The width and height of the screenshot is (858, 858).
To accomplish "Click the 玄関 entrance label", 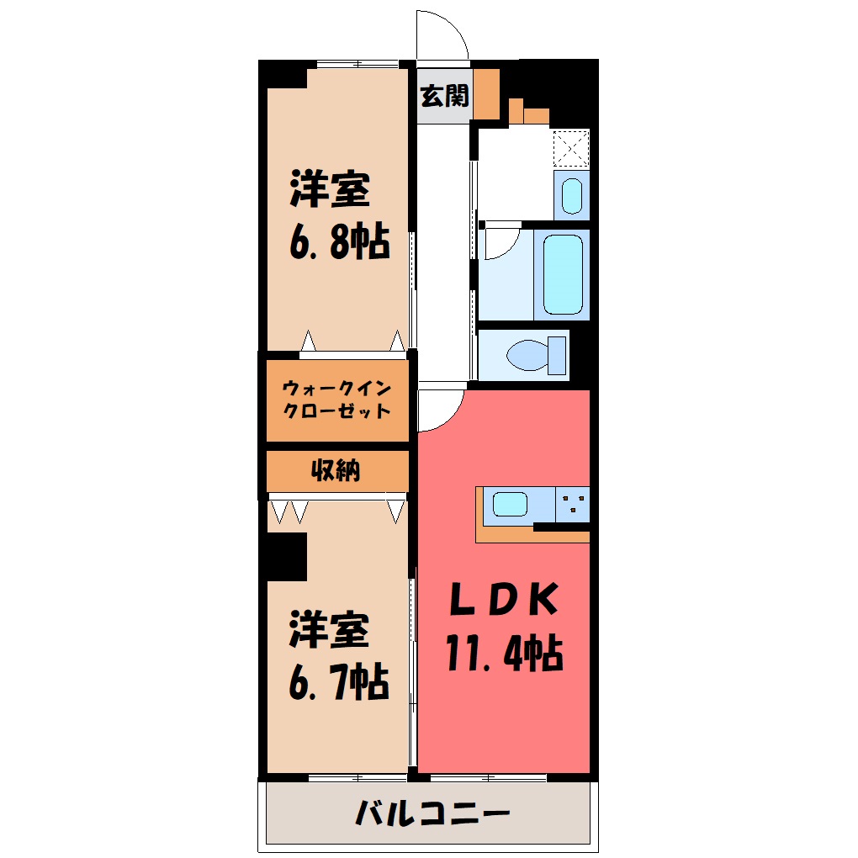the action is pos(444,96).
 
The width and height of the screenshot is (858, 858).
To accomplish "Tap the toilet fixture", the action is pos(537,355).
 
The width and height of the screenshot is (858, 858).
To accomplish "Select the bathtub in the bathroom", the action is pos(563,275).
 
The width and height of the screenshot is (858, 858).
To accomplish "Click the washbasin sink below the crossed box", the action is pos(572,196).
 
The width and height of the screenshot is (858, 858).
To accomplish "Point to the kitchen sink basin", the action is pos(510,505).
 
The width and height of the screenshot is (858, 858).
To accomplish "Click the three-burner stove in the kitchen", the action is pos(572,504).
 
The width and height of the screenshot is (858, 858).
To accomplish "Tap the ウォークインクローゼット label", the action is pos(336,400).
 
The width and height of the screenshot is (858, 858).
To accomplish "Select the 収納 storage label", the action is pos(336,470).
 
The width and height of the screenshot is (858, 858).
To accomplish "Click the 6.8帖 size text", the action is pos(339,241).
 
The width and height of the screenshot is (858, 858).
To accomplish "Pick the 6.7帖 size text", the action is pos(339,682).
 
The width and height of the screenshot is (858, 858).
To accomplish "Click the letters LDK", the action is pos(504,599).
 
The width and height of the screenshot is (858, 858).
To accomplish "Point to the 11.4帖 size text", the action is pos(504,653).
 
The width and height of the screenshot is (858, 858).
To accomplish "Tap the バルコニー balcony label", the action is pos(432,813).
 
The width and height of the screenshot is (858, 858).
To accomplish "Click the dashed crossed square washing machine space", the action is pos(571,148).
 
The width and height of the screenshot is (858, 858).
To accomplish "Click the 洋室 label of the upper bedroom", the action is pos(330,189).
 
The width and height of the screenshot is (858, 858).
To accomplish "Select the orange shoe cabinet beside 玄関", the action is pos(486,94).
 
